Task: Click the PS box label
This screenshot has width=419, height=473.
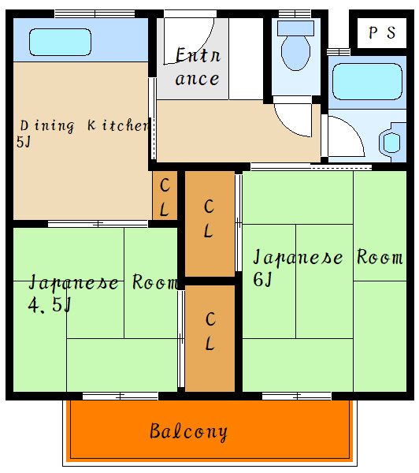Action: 381,33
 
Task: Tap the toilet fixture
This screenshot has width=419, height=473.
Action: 296,47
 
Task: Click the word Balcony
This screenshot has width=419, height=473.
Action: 188,431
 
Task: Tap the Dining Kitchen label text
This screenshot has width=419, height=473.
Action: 83,125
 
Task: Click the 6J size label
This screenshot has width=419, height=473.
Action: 261,278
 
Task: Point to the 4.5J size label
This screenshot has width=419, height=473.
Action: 49,304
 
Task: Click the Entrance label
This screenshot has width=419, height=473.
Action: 197,67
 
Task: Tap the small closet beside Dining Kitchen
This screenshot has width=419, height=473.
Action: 164,196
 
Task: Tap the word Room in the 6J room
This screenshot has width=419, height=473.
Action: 380,258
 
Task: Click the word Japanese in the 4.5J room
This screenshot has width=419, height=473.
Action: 74,282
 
